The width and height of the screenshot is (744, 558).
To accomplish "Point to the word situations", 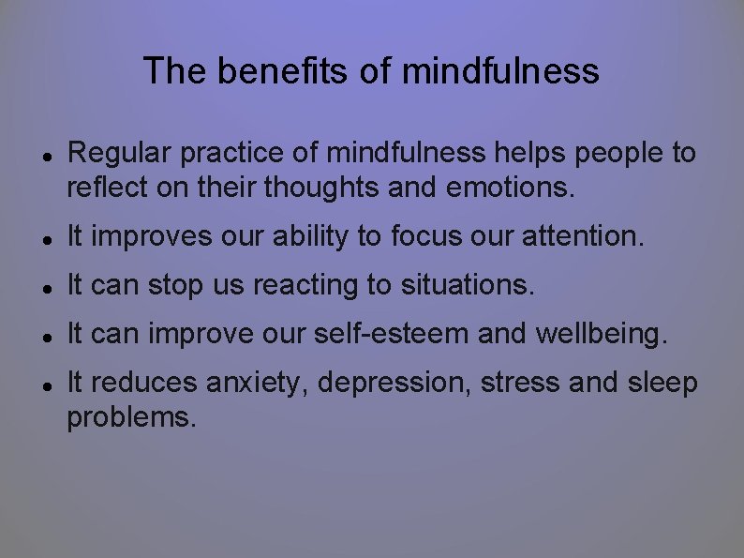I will point(468,285).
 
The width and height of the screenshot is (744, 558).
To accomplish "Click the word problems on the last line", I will point(131,417).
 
